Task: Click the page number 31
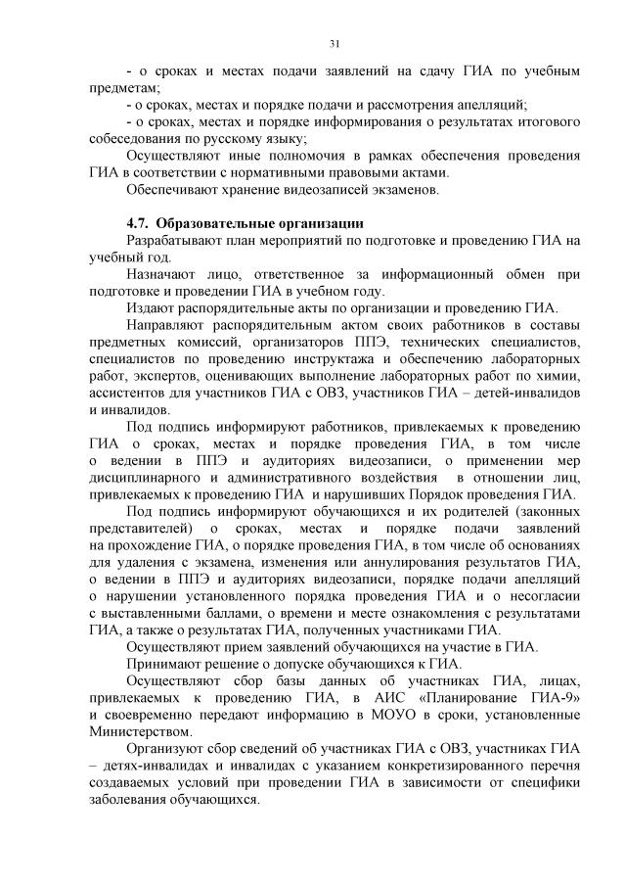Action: pos(334,44)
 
